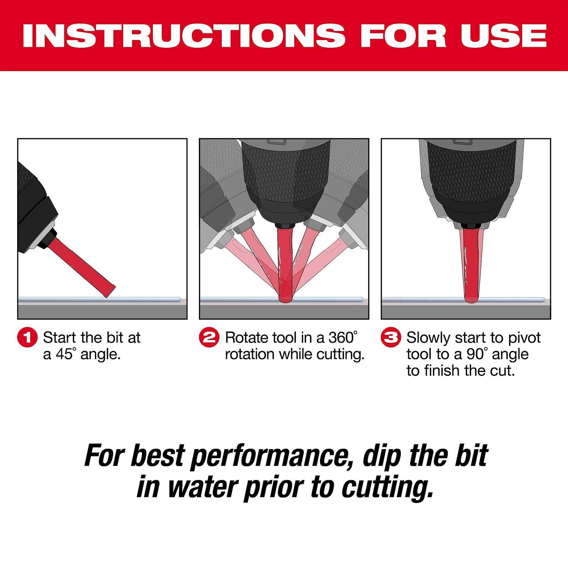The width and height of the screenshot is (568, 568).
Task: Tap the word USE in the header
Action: (503, 36)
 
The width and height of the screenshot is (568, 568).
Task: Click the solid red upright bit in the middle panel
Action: (285, 265)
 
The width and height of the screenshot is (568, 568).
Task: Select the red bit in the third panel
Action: (472, 265)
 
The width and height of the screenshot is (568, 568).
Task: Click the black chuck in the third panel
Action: (471, 178)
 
